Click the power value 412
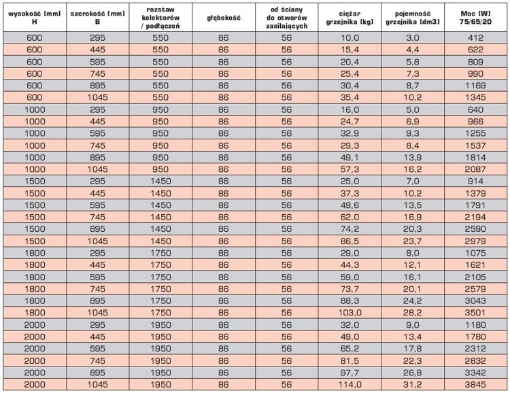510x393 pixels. [475, 38]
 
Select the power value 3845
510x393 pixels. [475, 385]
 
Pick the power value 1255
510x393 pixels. [475, 133]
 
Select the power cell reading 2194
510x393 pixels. [475, 218]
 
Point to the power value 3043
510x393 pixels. [475, 301]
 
